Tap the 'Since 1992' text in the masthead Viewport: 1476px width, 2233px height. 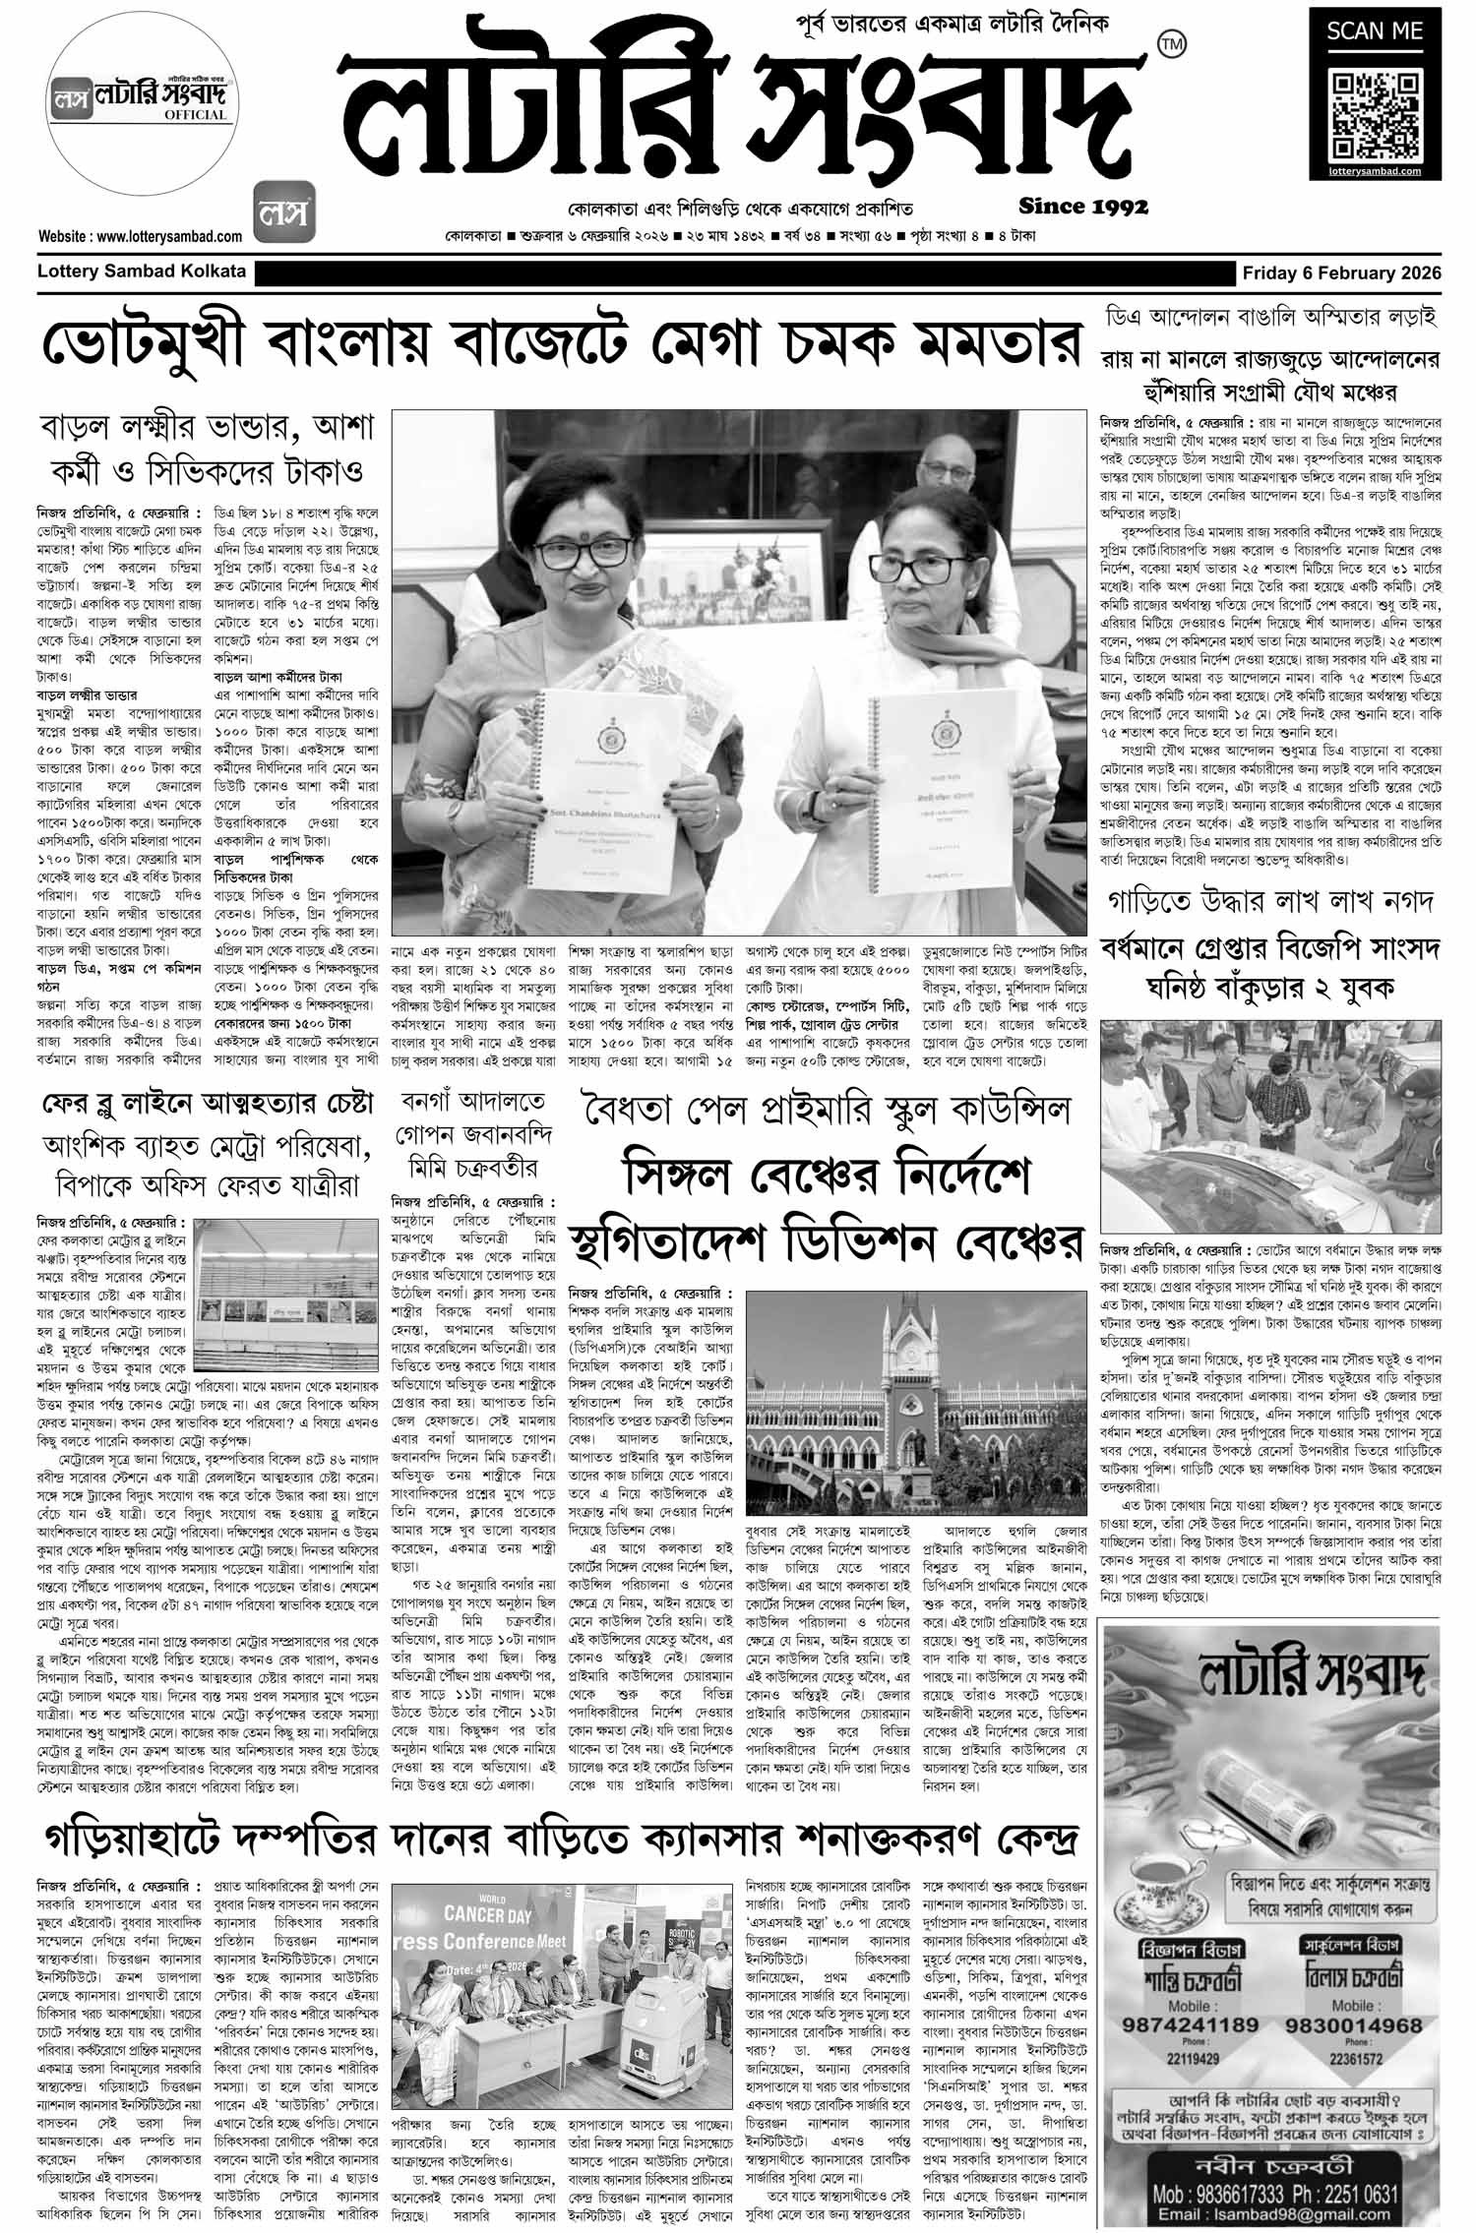(1083, 207)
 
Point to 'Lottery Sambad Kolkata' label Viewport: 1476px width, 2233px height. (141, 272)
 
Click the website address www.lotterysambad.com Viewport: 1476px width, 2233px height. (141, 236)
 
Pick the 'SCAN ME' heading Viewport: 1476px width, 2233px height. (1375, 31)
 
